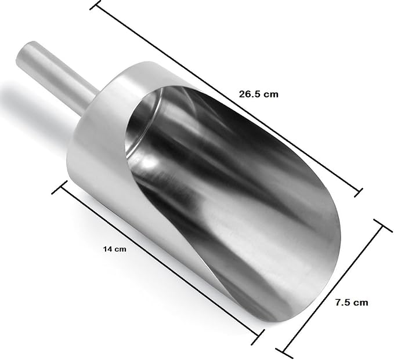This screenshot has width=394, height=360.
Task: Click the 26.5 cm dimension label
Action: pos(259,94)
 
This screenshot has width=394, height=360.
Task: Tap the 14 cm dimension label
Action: pos(114,249)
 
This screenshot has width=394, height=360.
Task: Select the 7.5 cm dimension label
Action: pos(352,303)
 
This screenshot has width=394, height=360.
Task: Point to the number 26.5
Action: pos(250,94)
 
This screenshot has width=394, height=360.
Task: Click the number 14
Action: pos(107,249)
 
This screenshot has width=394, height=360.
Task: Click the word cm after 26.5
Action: pos(272,94)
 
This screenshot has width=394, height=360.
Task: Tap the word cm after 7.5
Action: pos(361,303)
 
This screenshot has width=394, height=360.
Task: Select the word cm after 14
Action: pos(120,249)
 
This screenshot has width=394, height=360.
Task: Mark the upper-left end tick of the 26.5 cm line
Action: pos(96,5)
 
